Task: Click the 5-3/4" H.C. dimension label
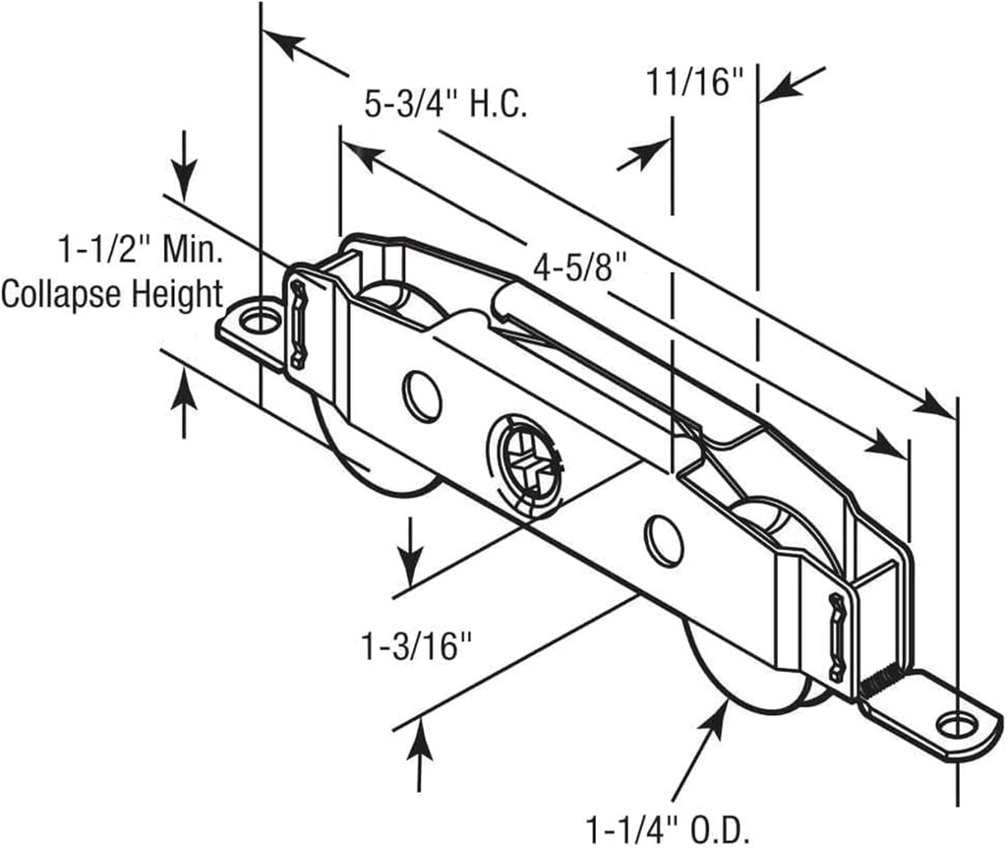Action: (446, 103)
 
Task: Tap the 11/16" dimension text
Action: (692, 84)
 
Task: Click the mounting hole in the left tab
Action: (261, 321)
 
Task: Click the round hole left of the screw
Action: (423, 396)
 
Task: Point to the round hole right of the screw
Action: (664, 540)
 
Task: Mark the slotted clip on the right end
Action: (837, 637)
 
